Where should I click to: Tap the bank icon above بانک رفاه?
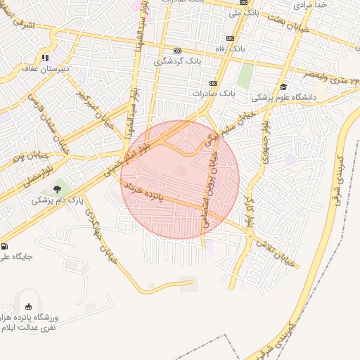click(x=230, y=39)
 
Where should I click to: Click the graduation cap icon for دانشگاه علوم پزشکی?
click(x=283, y=86)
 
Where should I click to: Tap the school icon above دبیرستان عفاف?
click(x=45, y=58)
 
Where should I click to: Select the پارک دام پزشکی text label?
click(x=57, y=200)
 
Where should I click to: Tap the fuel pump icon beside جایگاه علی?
click(x=6, y=247)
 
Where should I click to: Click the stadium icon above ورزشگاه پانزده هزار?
click(x=28, y=307)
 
